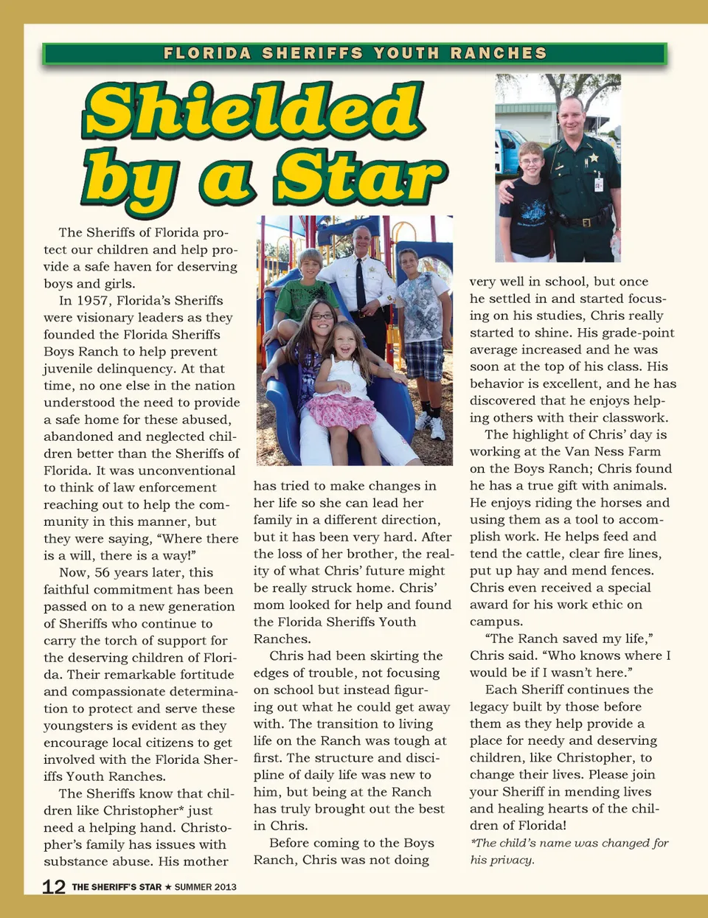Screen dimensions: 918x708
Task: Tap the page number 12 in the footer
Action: tap(54, 886)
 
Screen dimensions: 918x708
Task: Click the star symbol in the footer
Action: tap(168, 887)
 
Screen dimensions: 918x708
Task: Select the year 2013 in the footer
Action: tap(225, 887)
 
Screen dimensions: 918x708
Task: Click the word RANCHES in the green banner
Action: tap(499, 53)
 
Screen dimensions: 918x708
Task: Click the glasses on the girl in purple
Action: tap(322, 316)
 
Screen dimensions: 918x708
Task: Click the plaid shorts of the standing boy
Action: tap(423, 358)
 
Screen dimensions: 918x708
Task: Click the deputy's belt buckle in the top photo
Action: tap(586, 222)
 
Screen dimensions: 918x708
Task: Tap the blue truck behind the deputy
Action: tap(508, 147)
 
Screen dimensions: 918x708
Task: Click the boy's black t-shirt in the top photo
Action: tap(527, 217)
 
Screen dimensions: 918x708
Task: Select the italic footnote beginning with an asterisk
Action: tap(569, 851)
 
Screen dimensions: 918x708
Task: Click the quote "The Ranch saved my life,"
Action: tap(569, 639)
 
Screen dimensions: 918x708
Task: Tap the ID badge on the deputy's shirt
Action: tap(598, 184)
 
